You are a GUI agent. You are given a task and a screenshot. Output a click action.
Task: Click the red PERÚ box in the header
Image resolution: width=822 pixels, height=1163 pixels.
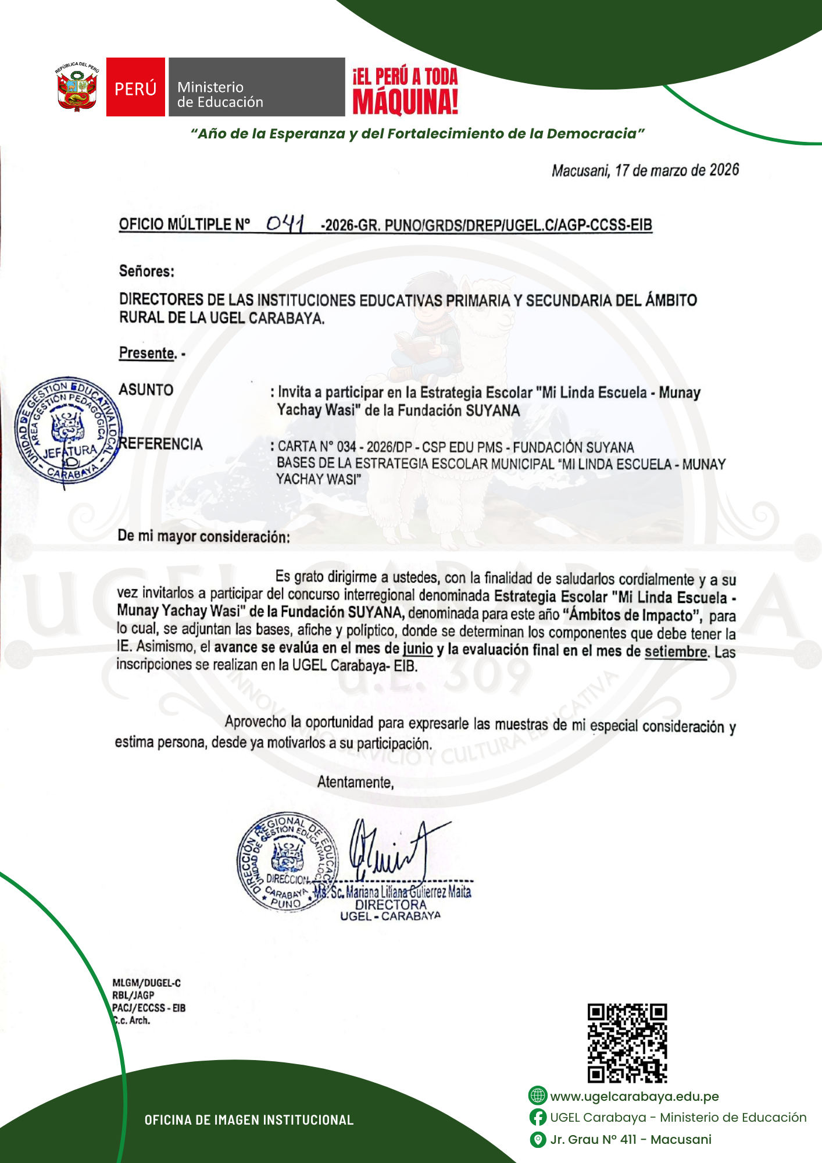pyautogui.click(x=135, y=87)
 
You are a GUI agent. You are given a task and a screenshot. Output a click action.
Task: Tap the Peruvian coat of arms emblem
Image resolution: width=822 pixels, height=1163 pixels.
pyautogui.click(x=77, y=87)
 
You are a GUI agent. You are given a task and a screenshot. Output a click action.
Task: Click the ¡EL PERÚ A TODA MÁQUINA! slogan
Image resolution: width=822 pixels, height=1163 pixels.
pyautogui.click(x=405, y=91)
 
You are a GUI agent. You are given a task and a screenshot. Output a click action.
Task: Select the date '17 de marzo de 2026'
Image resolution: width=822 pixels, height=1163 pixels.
pyautogui.click(x=677, y=170)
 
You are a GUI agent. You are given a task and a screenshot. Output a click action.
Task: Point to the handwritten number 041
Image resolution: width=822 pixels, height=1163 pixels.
pyautogui.click(x=285, y=224)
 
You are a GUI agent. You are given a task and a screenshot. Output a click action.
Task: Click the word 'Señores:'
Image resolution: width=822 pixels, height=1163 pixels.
pyautogui.click(x=146, y=271)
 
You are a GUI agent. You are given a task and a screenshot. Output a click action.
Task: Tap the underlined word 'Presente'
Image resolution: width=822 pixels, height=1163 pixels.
pyautogui.click(x=147, y=353)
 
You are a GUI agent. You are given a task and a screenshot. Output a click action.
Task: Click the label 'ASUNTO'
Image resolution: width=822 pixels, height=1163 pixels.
pyautogui.click(x=146, y=390)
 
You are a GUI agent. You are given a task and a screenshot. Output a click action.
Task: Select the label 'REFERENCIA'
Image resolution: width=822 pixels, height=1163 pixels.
pyautogui.click(x=161, y=444)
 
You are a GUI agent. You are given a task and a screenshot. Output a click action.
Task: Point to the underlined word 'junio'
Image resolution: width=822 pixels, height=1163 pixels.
pyautogui.click(x=418, y=649)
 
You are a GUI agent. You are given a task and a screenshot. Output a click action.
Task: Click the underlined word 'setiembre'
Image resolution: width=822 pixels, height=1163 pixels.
pyautogui.click(x=676, y=652)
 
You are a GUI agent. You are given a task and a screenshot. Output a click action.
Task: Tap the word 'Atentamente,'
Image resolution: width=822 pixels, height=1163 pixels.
pyautogui.click(x=355, y=782)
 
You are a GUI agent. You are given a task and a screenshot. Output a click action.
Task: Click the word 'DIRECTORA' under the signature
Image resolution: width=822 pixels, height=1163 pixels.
pyautogui.click(x=391, y=905)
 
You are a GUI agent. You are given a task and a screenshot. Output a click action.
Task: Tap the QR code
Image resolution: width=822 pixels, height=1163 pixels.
pyautogui.click(x=627, y=1043)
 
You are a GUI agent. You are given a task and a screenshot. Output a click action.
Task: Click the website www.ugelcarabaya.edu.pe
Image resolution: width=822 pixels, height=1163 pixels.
pyautogui.click(x=634, y=1096)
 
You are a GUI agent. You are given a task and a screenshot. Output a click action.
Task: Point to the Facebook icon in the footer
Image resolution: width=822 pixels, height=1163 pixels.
pyautogui.click(x=538, y=1118)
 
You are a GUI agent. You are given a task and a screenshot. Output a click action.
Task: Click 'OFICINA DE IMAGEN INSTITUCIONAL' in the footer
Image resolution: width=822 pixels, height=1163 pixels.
pyautogui.click(x=249, y=1120)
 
